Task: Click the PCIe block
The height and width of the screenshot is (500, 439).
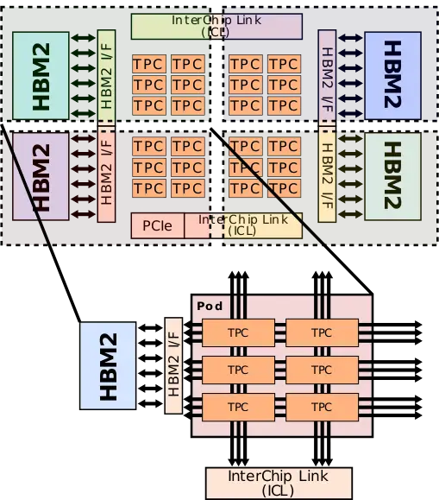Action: point(157,226)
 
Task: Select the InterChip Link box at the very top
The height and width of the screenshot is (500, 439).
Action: point(216,26)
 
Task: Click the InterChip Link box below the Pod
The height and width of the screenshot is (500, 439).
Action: point(278,482)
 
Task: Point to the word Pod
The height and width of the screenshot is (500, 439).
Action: point(210,307)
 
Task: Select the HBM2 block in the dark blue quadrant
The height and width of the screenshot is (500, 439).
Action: point(392,76)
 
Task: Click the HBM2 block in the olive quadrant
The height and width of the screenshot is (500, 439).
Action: point(392,175)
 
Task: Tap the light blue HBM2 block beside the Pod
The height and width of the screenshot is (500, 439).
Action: point(107,367)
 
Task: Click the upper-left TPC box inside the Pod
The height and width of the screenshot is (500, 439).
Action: point(237,332)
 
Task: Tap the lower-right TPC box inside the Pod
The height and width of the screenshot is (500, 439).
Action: point(321,406)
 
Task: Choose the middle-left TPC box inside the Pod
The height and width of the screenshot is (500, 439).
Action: point(237,370)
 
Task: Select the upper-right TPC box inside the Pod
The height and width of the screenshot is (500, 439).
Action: point(321,332)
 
